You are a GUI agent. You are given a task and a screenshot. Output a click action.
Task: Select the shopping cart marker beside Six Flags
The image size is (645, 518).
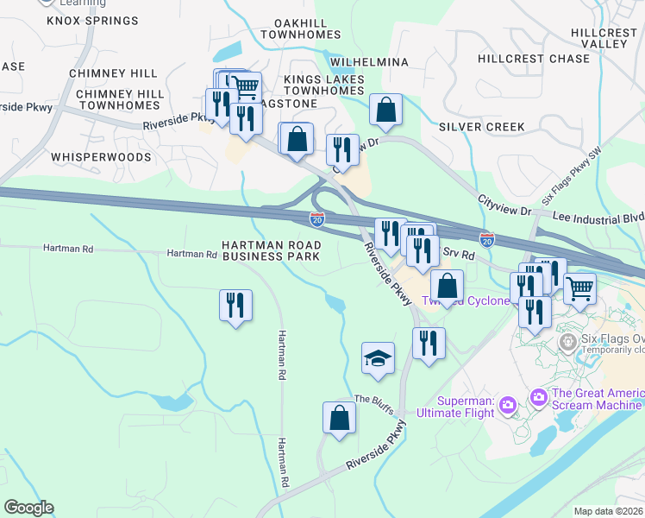click(580, 287)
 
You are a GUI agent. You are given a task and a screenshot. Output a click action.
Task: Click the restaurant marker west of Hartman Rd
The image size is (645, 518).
click(235, 306)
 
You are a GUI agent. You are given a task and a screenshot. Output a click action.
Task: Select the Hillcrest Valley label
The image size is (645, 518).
click(603, 38)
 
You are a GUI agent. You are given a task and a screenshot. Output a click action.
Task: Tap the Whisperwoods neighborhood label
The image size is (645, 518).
click(101, 157)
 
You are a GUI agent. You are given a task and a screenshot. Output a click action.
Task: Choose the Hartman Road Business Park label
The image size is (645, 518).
click(272, 250)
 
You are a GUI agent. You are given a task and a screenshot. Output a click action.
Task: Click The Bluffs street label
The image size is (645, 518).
click(373, 401)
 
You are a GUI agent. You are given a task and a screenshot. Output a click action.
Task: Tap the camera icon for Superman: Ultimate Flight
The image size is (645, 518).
click(507, 404)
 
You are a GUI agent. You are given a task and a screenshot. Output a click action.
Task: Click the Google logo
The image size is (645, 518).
click(28, 508)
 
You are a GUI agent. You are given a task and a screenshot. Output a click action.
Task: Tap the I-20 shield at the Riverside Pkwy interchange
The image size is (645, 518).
click(317, 220)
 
